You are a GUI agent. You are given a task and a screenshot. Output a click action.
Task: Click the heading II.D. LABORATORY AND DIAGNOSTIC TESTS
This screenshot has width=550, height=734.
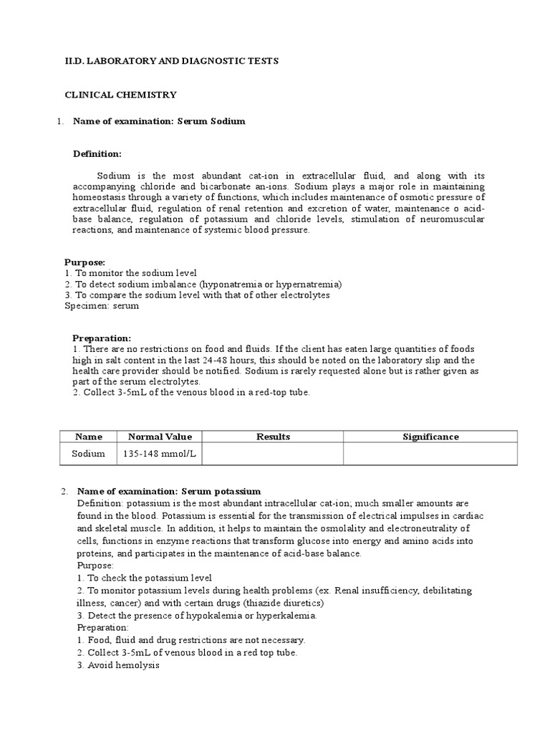tap(172, 62)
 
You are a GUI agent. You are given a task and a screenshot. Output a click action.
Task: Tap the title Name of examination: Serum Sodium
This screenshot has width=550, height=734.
tap(159, 121)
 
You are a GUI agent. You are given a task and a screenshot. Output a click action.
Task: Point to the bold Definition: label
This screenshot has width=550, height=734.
tap(97, 154)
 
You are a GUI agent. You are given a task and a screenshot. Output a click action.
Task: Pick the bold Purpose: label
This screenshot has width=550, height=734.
tap(85, 262)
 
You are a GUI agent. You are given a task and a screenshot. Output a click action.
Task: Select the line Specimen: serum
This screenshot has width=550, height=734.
tap(102, 305)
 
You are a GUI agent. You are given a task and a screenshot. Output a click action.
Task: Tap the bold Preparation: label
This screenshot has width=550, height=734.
tap(102, 338)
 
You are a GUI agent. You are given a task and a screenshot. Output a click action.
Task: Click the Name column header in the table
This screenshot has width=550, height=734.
tap(88, 437)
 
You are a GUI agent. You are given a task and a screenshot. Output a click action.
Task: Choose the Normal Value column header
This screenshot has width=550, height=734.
tap(160, 437)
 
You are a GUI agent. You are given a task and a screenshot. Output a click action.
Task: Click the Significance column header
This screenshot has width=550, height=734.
tap(430, 437)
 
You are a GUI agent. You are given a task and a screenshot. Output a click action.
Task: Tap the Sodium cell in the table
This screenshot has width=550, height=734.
tap(88, 454)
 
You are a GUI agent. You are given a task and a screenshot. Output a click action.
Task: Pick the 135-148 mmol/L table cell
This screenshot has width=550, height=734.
tap(160, 454)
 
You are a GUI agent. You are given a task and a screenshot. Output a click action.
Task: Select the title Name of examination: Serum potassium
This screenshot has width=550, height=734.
tap(169, 491)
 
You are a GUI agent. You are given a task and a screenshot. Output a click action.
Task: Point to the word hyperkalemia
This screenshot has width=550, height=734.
tap(285, 616)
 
